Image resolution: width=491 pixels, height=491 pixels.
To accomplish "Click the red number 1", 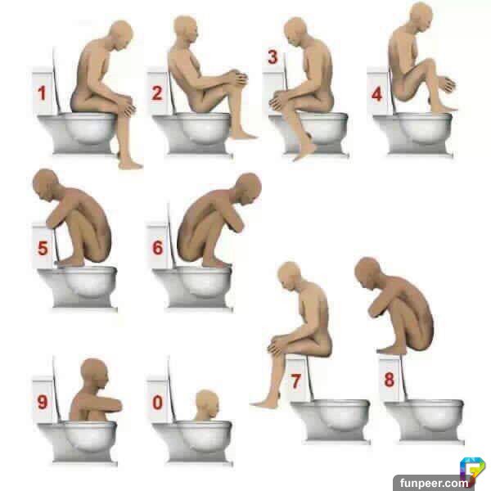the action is tap(42, 93).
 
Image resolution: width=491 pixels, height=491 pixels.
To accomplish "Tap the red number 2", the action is tap(157, 93).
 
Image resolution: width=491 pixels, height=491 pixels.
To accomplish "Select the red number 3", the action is tap(273, 57).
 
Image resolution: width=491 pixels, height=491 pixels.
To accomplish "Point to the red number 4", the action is tap(376, 94).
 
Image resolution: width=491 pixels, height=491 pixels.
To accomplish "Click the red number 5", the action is tap(43, 248).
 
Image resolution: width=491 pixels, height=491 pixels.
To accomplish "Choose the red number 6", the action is tap(158, 247).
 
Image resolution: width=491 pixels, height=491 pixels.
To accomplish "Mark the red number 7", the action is tap(296, 381).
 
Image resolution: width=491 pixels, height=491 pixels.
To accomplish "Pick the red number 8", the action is tap(390, 380).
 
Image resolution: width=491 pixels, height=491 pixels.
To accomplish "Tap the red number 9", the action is tap(43, 402).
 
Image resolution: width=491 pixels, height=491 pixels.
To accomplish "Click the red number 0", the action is tap(157, 403).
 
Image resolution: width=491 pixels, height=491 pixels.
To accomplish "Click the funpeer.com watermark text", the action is tap(434, 483).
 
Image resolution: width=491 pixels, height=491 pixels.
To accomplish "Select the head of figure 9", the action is tap(95, 375).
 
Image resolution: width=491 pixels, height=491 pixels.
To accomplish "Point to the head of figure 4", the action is tap(421, 16).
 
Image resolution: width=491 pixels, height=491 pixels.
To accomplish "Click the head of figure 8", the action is tap(368, 273).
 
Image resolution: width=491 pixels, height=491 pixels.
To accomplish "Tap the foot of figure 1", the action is tap(130, 164).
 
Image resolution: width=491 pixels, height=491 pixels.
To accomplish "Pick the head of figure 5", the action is tap(46, 186).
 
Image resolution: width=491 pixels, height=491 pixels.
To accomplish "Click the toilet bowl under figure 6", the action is tap(199, 286).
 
